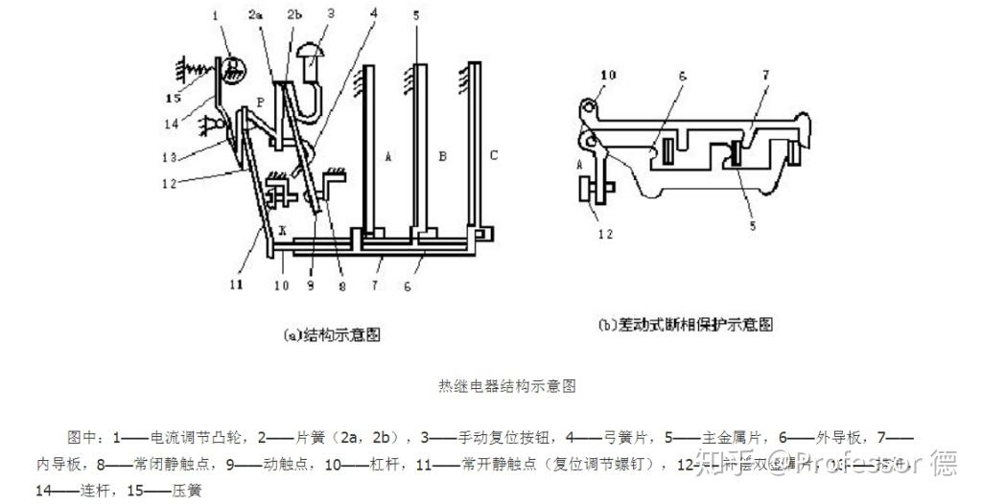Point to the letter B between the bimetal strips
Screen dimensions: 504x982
pos(442,153)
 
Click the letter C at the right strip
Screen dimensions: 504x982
pos(493,153)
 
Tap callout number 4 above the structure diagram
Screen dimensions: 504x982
pos(371,14)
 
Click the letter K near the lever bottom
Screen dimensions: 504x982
pos(282,232)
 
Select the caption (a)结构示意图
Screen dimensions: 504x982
pos(332,334)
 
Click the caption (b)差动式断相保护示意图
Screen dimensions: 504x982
pos(685,324)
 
